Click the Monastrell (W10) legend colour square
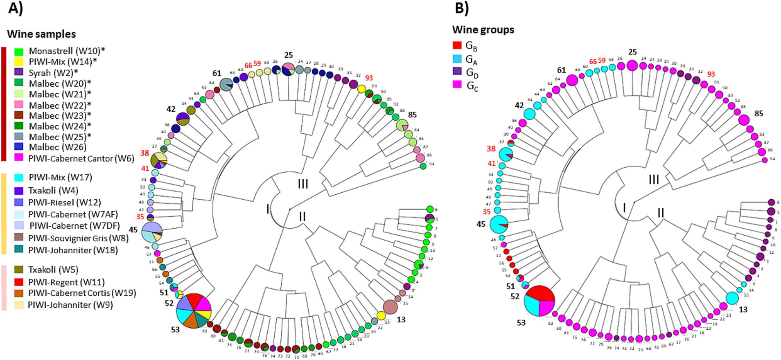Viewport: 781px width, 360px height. coord(18,52)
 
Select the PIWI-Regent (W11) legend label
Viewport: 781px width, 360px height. coord(66,282)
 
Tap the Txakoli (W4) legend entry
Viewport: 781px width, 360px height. coord(53,190)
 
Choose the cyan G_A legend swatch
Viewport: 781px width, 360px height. coord(457,59)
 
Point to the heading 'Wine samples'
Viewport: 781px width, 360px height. coord(41,34)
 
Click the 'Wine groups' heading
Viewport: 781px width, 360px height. coord(483,30)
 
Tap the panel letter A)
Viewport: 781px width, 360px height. coord(16,8)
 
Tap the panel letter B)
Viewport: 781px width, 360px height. coord(462,8)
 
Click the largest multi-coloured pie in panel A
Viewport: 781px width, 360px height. coord(194,310)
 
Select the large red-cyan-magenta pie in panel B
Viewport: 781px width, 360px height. coord(539,301)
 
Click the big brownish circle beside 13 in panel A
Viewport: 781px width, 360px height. coord(390,307)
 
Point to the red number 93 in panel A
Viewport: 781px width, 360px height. coord(369,78)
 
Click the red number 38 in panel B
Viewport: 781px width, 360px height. coord(491,148)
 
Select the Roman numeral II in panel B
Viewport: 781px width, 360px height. coord(661,213)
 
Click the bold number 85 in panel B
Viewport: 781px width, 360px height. coord(759,113)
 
